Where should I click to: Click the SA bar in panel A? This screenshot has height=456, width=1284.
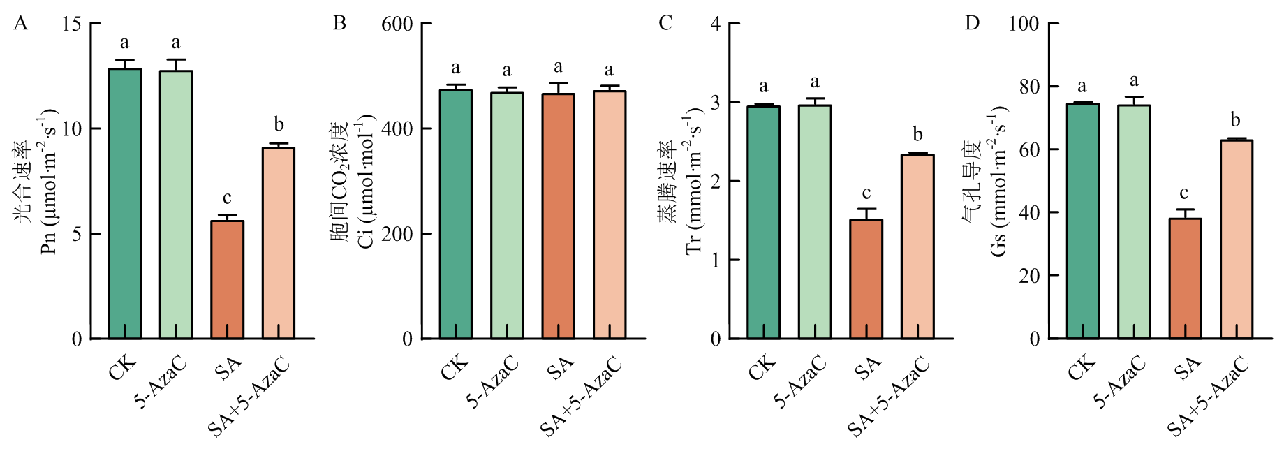point(227,279)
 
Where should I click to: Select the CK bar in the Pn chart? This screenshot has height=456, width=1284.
point(125,203)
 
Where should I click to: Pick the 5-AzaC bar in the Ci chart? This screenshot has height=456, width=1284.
point(507,216)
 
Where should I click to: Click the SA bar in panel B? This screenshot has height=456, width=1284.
point(559,216)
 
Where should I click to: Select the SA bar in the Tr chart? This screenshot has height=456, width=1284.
point(866,279)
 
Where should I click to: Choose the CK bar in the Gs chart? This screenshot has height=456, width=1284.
point(1082,221)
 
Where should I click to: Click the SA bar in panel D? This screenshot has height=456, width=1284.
point(1185,279)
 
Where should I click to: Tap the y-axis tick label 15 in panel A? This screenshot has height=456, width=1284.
point(71,24)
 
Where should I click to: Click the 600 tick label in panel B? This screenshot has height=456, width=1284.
point(397,24)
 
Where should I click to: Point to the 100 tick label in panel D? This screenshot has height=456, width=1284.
point(1024,24)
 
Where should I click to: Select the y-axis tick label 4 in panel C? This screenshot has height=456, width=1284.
point(715,24)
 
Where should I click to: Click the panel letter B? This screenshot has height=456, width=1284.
point(339,24)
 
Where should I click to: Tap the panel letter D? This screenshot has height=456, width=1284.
point(972,24)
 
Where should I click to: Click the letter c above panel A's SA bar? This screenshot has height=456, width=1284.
point(227,198)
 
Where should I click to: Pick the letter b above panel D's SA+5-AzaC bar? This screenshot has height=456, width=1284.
point(1236,119)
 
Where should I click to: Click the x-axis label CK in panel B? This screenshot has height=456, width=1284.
point(455,367)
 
